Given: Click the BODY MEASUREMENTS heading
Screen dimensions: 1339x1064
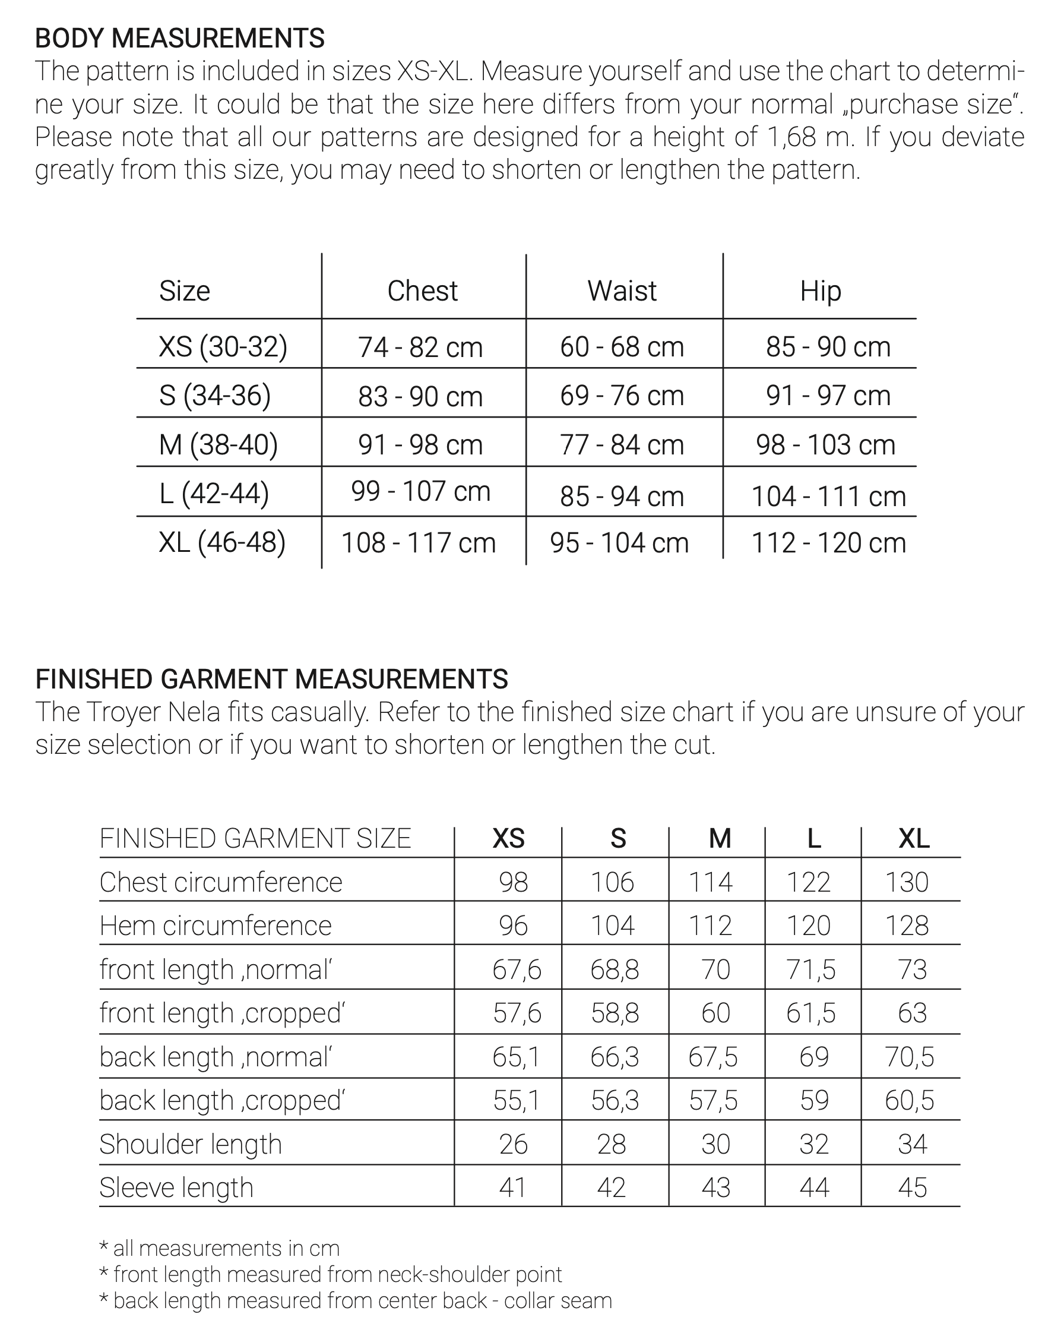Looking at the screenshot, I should [179, 39].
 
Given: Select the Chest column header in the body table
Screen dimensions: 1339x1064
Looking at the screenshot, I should [422, 290].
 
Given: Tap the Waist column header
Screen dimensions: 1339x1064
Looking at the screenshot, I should [622, 290].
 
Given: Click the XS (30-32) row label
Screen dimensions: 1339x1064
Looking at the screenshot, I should [223, 346].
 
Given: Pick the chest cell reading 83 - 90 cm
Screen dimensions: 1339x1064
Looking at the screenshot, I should [420, 396].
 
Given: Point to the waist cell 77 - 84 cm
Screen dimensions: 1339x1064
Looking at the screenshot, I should [622, 445].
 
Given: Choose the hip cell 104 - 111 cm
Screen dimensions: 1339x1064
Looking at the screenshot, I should [828, 496].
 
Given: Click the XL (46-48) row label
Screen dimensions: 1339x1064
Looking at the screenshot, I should [222, 542].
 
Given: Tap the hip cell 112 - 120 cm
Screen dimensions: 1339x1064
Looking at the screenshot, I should [828, 543].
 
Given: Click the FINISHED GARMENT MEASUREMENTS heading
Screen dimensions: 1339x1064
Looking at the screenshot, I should [271, 679].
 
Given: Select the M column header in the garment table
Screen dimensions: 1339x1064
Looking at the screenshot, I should [720, 838].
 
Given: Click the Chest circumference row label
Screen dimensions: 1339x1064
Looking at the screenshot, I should [220, 882].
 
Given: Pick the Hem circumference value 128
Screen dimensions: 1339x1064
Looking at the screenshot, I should [906, 926].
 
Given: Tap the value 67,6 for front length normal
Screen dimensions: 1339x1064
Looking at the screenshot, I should [517, 969].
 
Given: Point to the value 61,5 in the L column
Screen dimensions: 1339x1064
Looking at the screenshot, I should [810, 1013].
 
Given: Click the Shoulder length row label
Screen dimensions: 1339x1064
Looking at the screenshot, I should [191, 1144].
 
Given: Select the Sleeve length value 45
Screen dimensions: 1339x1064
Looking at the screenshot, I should [912, 1188].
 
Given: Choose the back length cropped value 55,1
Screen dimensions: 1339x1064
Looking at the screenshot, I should [517, 1100].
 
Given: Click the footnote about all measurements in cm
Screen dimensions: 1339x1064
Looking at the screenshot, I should [219, 1248].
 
